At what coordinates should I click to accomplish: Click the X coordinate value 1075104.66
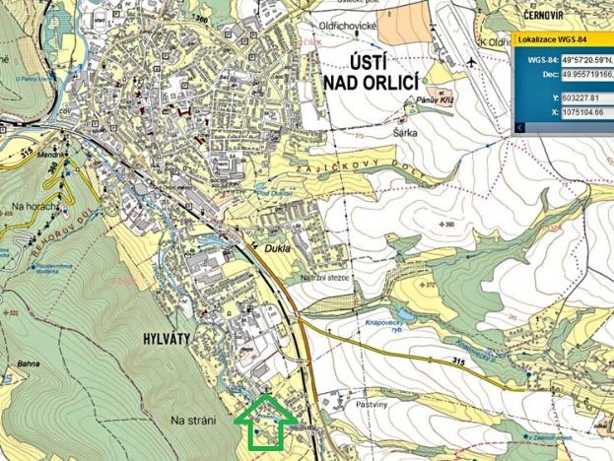(x=585, y=113)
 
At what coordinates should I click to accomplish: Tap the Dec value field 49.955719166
(x=585, y=73)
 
